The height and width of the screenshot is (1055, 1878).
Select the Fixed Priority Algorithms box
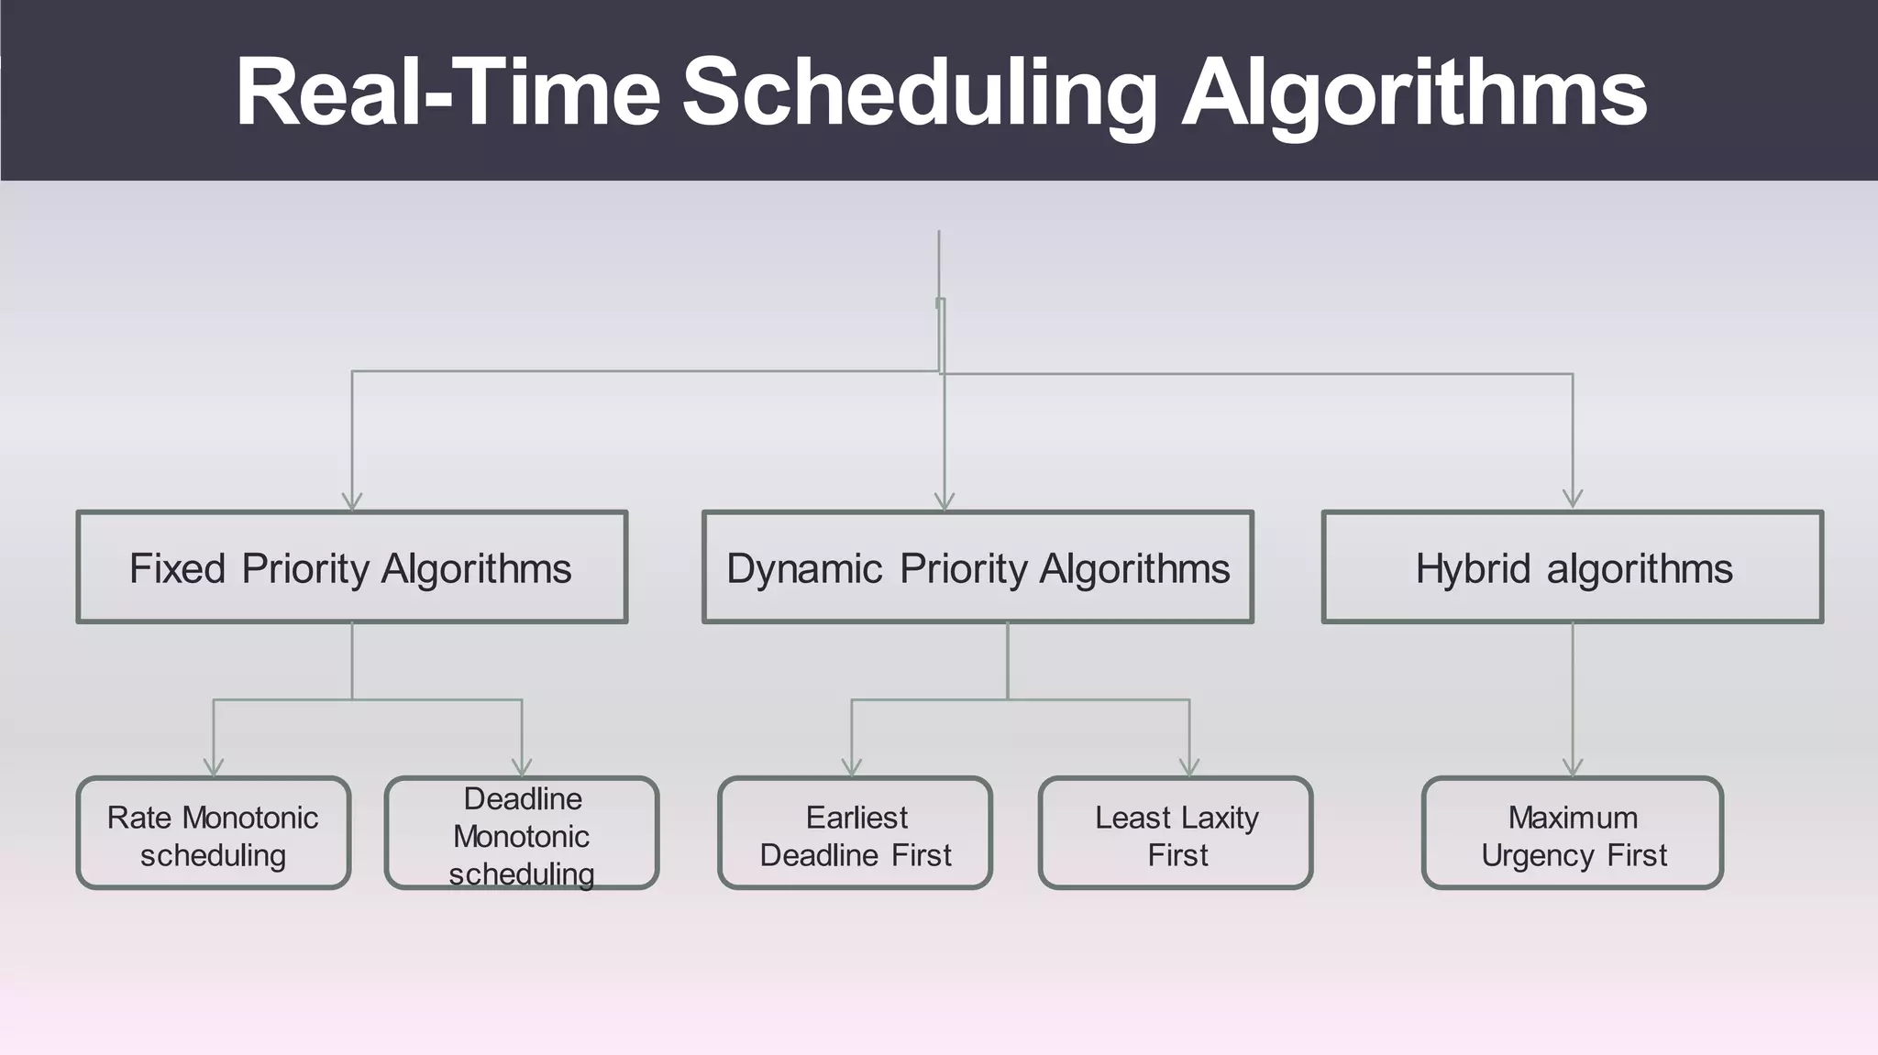pyautogui.click(x=351, y=567)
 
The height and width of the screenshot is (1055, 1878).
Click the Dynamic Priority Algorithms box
pyautogui.click(x=978, y=567)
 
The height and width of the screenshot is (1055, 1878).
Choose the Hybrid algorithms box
pyautogui.click(x=1573, y=567)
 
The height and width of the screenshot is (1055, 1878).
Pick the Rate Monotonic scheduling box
pyautogui.click(x=213, y=833)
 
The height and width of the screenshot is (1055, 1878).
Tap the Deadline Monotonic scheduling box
pyautogui.click(x=522, y=833)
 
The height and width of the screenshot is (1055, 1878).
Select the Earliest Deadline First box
pyautogui.click(x=856, y=833)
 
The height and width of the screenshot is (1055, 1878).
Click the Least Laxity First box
pyautogui.click(x=1176, y=833)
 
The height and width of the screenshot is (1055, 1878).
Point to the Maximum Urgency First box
pyautogui.click(x=1573, y=833)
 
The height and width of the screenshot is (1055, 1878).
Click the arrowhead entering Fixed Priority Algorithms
pyautogui.click(x=352, y=500)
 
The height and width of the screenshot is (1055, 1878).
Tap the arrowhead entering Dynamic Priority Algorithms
pyautogui.click(x=945, y=500)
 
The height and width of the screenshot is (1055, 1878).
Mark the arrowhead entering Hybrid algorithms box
pyautogui.click(x=1573, y=498)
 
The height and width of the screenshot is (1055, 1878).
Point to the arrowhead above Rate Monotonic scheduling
pyautogui.click(x=214, y=766)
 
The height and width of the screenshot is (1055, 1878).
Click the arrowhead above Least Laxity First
pyautogui.click(x=1189, y=766)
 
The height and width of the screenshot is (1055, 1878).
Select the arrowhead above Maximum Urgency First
pyautogui.click(x=1573, y=766)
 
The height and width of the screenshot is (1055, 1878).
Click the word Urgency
pyautogui.click(x=1539, y=856)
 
